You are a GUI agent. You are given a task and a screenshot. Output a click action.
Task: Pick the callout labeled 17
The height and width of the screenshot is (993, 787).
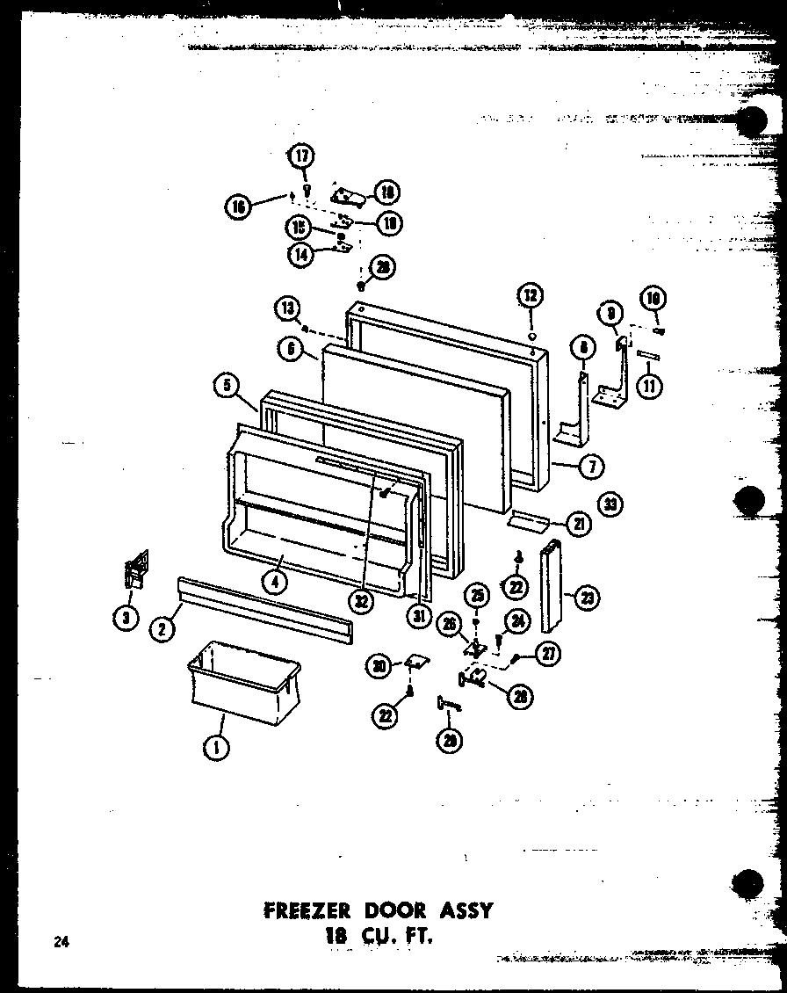(301, 157)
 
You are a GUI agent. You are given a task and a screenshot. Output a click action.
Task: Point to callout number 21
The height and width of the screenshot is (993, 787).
(580, 524)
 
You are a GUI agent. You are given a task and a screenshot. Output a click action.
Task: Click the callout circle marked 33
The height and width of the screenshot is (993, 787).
(610, 504)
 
